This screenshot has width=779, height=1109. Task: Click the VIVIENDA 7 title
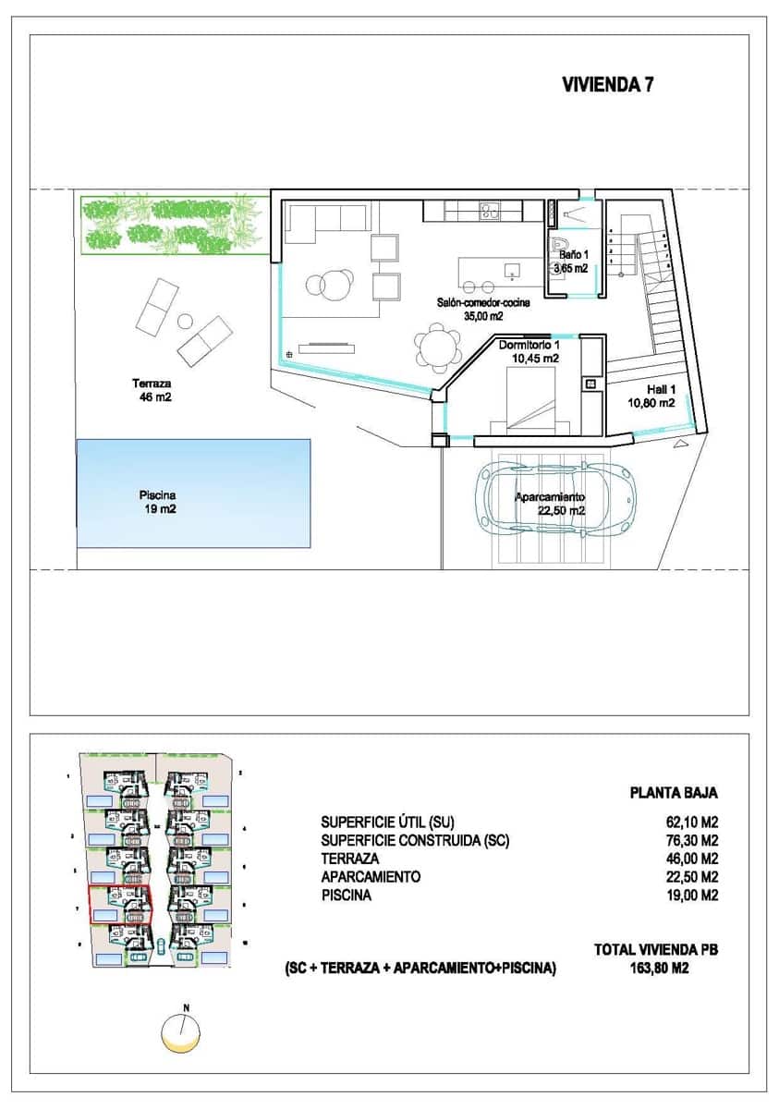pyautogui.click(x=609, y=85)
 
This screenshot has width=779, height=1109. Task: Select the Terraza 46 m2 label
pyautogui.click(x=152, y=390)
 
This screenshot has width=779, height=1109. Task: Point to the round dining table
pyautogui.click(x=436, y=348)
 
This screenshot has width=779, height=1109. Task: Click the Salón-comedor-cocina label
pyautogui.click(x=483, y=308)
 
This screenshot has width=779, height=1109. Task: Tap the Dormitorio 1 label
pyautogui.click(x=528, y=350)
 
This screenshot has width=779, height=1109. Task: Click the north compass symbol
pyautogui.click(x=181, y=1030)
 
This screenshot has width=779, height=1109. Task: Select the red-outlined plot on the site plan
pyautogui.click(x=119, y=904)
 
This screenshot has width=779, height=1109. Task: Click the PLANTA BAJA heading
pyautogui.click(x=673, y=793)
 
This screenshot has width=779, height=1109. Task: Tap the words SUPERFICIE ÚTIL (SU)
pyautogui.click(x=388, y=822)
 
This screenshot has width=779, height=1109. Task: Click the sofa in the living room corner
pyautogui.click(x=326, y=222)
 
